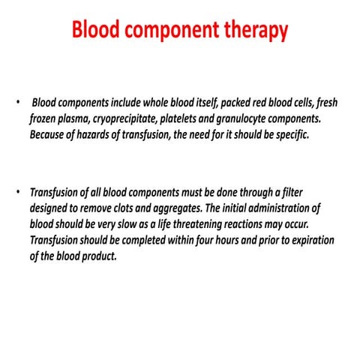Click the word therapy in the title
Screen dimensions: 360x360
tap(251, 30)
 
